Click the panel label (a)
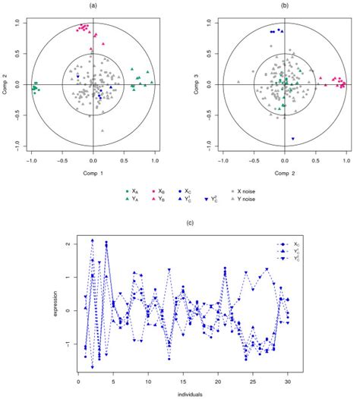pos(93,6)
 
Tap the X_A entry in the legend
pos(135,192)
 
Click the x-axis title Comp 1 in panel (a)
pos(93,174)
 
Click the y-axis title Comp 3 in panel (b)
pos(196,83)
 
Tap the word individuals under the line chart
pos(182,393)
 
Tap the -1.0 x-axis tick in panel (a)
pos(31,161)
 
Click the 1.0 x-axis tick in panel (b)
pos(346,161)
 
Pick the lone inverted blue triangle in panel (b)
pos(292,139)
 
